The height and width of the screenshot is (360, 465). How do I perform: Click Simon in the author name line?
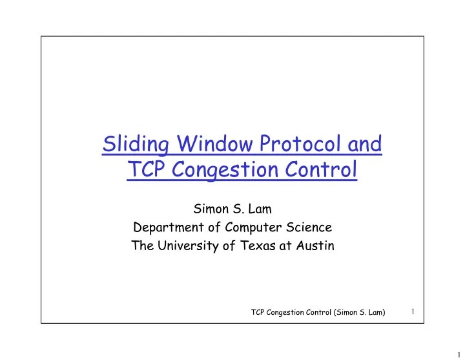tap(209, 209)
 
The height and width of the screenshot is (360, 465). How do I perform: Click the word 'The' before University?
tap(142, 246)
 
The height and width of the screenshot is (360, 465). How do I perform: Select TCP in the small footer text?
tap(258, 313)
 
